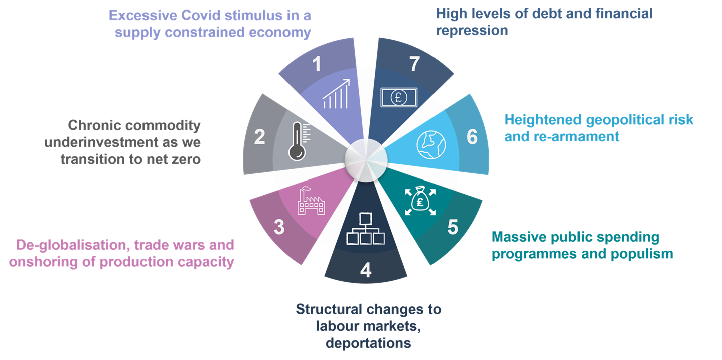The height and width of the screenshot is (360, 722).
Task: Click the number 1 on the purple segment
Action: point(317,65)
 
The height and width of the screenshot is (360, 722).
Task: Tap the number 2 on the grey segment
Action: point(259,137)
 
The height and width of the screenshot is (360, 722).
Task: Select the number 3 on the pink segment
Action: point(279,227)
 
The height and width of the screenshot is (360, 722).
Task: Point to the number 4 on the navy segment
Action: point(366,271)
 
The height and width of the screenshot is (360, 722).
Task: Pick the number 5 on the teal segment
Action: point(453,227)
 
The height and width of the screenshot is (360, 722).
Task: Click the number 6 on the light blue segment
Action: point(472,137)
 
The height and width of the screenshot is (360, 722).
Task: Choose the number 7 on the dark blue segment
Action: point(414,65)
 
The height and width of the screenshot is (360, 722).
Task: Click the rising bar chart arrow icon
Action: point(336,94)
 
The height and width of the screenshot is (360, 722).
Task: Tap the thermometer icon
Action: point(298,141)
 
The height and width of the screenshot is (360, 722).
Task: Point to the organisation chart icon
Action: point(365,228)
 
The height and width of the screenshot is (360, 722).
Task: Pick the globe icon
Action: point(431,144)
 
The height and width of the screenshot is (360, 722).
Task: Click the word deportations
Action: point(368,343)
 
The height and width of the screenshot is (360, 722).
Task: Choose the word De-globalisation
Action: point(66,245)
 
